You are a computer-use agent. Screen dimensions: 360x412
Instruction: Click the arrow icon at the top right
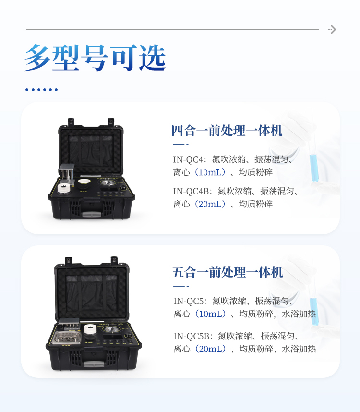[332, 29]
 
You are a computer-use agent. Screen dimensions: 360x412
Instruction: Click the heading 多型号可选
[95, 58]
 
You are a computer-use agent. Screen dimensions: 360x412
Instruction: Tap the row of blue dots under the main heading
[41, 90]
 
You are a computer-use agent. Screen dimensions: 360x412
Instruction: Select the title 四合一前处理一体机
[227, 131]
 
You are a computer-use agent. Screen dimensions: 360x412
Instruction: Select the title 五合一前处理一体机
[228, 272]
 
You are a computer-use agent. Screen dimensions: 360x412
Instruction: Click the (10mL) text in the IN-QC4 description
[210, 172]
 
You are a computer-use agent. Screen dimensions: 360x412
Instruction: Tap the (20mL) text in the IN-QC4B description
[210, 204]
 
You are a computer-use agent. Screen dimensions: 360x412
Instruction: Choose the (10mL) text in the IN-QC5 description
[211, 314]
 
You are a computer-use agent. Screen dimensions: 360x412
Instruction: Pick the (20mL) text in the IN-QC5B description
[211, 349]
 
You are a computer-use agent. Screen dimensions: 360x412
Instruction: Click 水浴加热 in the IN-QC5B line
[299, 349]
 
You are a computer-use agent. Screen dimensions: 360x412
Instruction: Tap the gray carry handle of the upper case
[92, 214]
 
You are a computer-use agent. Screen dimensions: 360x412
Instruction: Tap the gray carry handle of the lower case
[94, 364]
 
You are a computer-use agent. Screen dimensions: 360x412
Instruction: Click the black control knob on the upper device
[122, 188]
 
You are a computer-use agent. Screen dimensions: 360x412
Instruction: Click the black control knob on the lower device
[128, 336]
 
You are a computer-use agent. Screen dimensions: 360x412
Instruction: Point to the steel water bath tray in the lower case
[66, 338]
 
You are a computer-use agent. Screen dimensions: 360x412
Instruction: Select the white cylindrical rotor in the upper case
[64, 188]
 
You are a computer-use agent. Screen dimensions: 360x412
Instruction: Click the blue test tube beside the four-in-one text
[313, 168]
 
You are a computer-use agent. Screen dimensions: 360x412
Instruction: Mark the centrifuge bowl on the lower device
[112, 329]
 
